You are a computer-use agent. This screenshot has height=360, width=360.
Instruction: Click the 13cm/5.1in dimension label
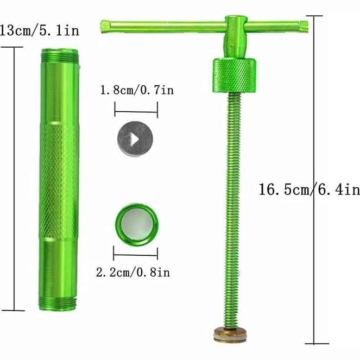tap(39, 30)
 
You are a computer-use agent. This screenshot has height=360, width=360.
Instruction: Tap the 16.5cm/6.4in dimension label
tap(310, 190)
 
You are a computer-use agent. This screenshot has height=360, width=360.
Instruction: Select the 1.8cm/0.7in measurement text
tap(137, 90)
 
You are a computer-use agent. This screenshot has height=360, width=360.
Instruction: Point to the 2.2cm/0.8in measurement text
tap(133, 273)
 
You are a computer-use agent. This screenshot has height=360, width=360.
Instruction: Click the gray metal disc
tap(135, 139)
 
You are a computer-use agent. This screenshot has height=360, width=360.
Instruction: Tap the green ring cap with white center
tap(137, 225)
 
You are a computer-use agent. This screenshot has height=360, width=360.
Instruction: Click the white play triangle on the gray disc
tap(135, 140)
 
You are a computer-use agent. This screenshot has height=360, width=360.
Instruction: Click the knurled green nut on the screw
tap(234, 75)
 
